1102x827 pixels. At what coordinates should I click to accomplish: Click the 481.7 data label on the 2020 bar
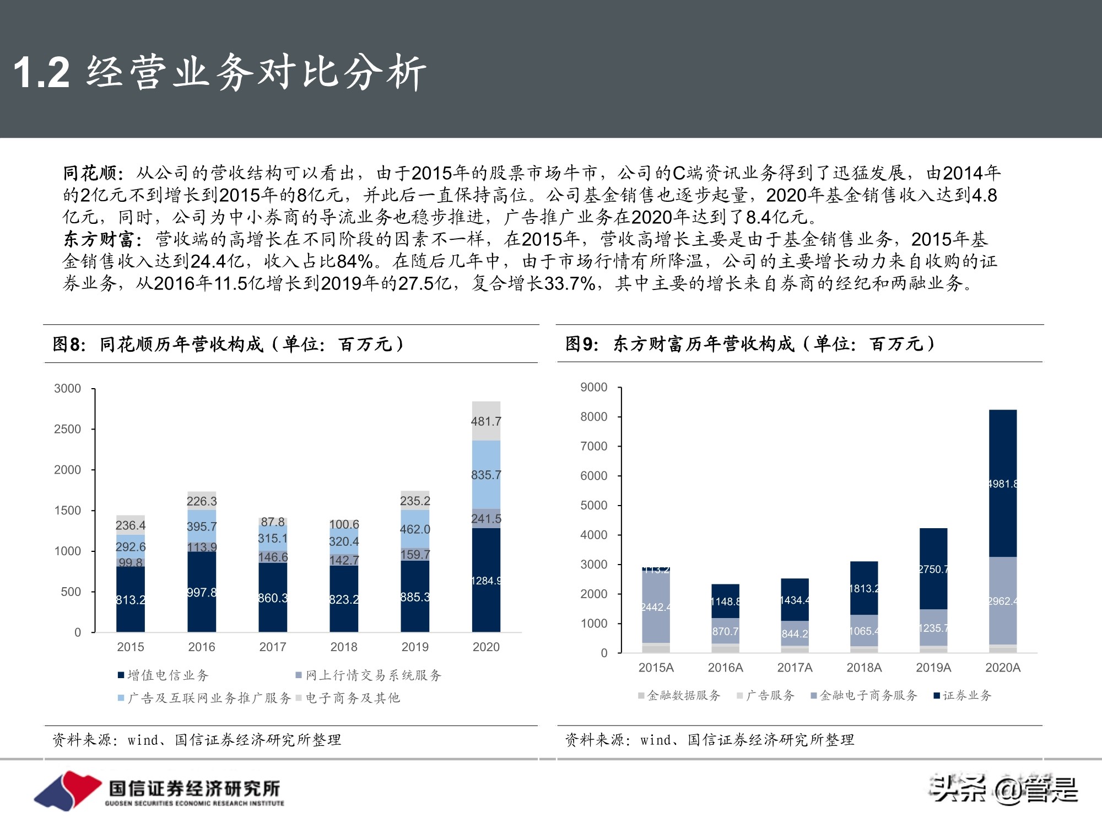486,421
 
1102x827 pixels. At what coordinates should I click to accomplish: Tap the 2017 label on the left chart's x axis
273,647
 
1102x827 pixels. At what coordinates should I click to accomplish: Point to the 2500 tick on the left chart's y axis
67,429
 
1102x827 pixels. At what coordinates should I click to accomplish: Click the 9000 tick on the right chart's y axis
593,387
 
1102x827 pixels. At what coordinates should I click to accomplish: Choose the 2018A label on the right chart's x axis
864,668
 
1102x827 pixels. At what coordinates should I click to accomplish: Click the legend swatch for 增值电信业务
121,675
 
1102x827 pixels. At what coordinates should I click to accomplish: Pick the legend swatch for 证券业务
936,696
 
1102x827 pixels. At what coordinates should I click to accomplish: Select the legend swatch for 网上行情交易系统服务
299,675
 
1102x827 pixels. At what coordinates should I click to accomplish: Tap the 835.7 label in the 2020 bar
486,475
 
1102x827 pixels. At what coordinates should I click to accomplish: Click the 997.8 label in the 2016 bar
202,593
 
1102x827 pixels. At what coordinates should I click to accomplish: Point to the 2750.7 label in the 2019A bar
933,569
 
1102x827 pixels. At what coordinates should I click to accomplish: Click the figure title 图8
69,344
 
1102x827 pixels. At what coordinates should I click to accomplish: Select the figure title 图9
582,344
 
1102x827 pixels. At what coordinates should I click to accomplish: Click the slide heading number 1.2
42,72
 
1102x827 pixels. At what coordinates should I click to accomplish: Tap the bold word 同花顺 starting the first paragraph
90,173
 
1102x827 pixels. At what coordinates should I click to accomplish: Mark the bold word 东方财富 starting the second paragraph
99,239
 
